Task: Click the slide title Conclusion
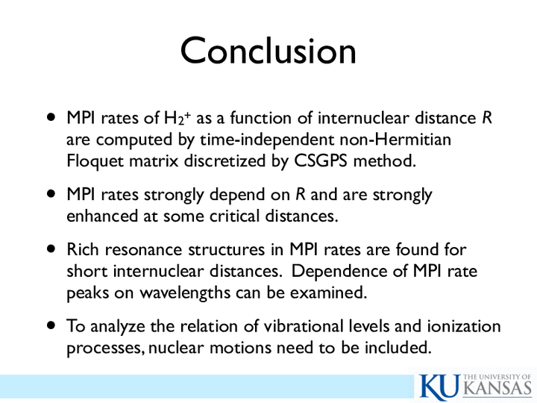point(268,51)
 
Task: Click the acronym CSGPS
point(321,160)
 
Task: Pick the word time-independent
point(267,140)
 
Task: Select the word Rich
point(83,249)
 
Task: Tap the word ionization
point(464,326)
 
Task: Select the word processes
point(105,349)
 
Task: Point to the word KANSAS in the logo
point(497,389)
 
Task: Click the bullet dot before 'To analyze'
point(51,325)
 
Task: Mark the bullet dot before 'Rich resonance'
point(51,248)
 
